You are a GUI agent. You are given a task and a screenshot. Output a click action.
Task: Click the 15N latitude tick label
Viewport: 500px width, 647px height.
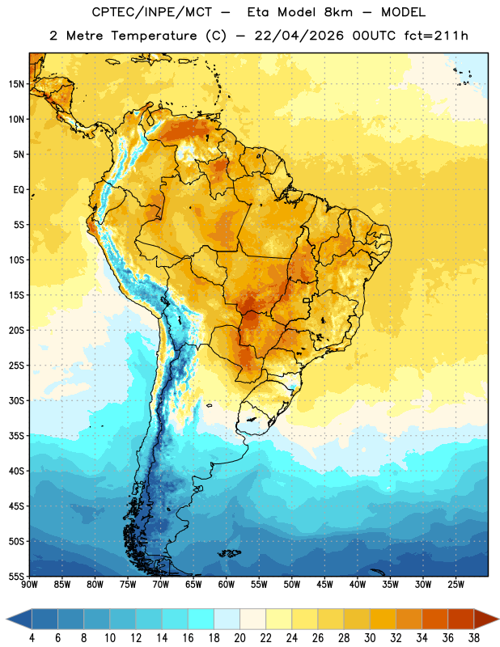16,84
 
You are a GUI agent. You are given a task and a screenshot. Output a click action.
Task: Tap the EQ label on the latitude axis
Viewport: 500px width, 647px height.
19,190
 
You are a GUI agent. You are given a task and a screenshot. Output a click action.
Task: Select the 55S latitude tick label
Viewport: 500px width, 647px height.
16,577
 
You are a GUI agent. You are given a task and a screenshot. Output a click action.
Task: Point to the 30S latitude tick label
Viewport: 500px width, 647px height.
16,400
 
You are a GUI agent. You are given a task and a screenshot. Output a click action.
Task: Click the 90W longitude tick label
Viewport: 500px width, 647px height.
29,585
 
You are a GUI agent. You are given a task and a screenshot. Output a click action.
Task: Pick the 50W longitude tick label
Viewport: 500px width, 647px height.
292,585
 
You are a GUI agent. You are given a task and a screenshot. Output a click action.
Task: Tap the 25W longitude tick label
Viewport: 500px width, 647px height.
456,585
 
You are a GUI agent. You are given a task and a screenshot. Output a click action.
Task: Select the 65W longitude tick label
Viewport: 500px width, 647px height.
193,585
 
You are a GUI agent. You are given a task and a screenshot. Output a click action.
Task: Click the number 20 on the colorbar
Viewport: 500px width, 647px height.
239,638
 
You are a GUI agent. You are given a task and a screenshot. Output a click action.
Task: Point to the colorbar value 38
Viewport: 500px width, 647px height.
474,638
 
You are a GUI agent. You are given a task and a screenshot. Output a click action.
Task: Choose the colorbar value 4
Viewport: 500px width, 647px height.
32,638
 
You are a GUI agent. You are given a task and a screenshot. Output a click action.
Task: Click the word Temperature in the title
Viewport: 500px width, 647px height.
154,36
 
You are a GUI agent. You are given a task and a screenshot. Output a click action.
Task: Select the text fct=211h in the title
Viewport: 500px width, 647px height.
436,36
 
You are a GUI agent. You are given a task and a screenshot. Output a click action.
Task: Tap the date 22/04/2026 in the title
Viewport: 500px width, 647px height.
299,36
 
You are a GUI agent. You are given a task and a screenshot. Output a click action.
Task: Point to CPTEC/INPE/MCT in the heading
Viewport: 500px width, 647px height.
152,12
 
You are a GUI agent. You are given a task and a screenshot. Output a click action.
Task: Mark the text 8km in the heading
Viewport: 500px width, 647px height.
338,12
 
